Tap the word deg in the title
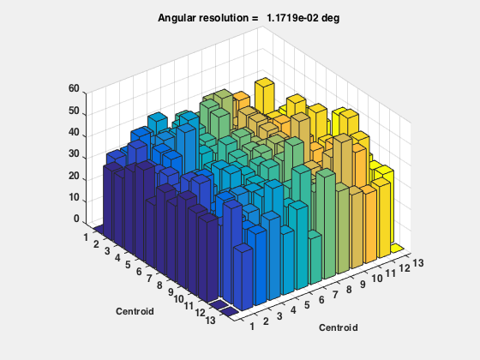330,18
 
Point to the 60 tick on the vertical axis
74,88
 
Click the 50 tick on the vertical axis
74,111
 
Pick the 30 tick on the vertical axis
74,153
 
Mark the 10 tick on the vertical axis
74,197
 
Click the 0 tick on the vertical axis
76,219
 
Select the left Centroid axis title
135,311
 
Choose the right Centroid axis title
339,327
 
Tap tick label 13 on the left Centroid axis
210,321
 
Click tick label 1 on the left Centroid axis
86,237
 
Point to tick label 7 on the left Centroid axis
149,279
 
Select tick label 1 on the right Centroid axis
252,327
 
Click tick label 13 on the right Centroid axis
418,263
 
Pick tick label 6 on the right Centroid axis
321,300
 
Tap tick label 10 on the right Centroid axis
377,279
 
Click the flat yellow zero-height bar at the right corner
397,248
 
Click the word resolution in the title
225,18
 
